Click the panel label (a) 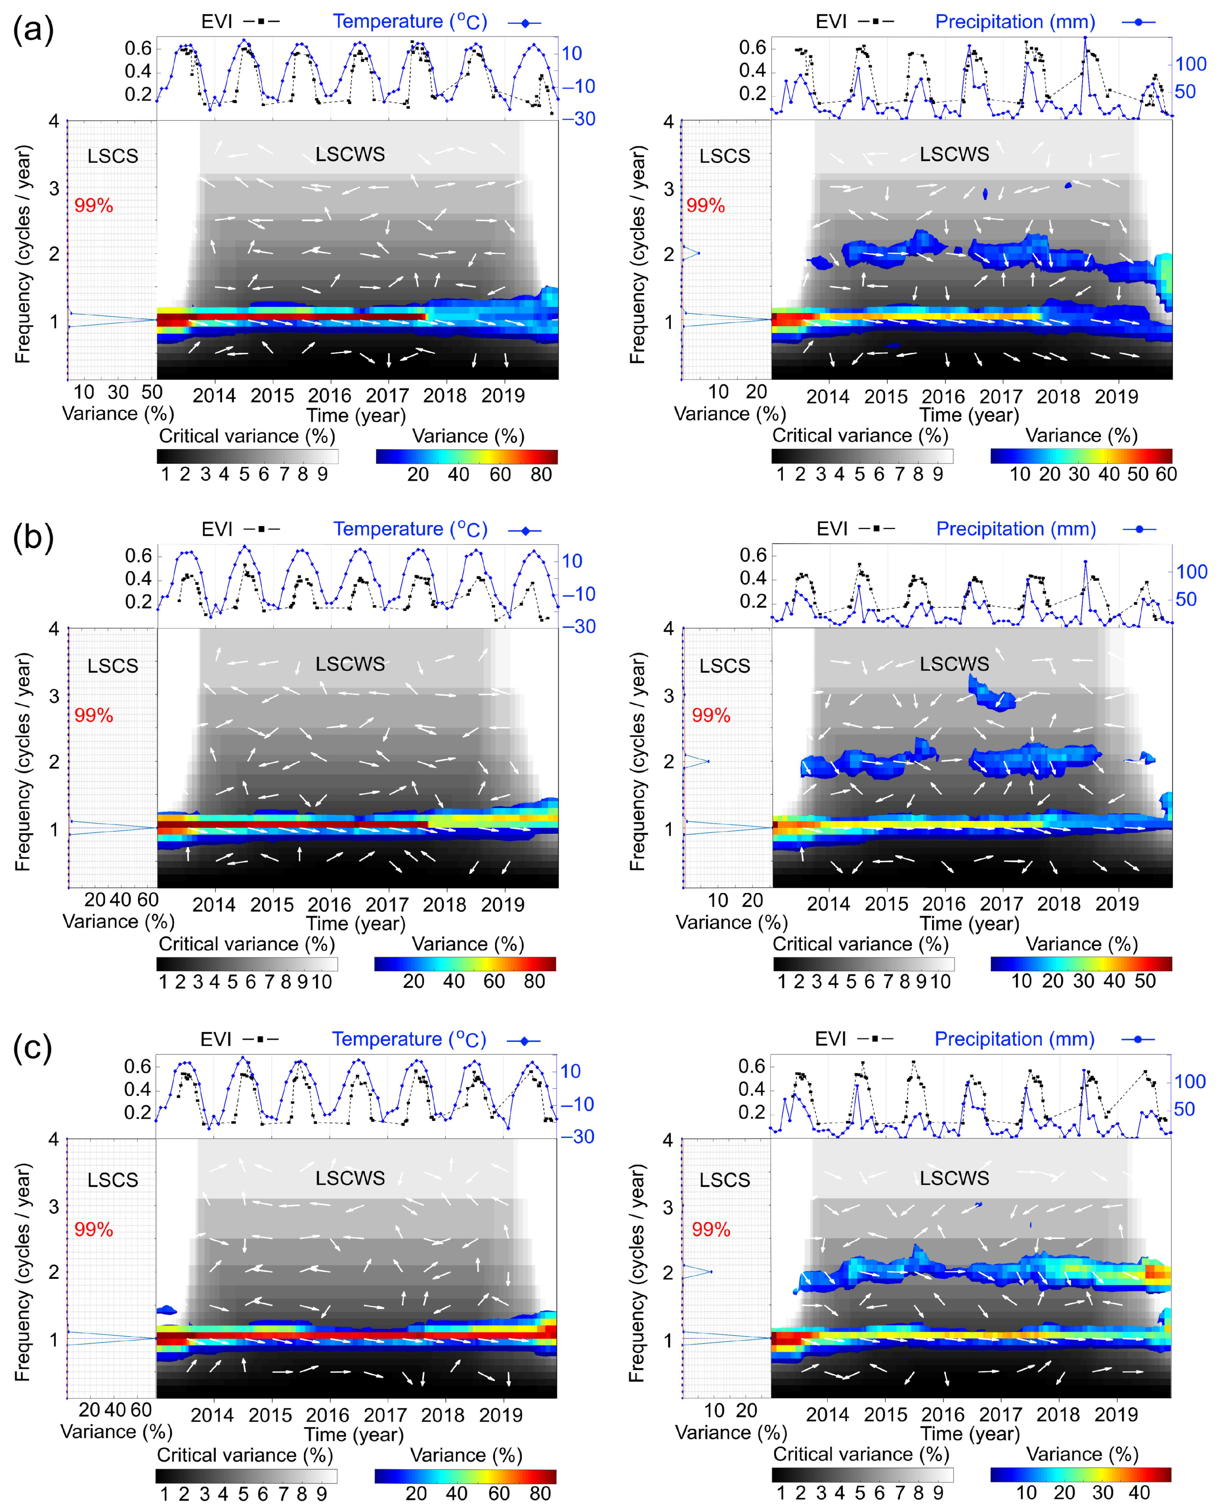[x=33, y=32]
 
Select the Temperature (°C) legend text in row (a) [x=410, y=22]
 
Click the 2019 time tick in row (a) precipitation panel [x=1116, y=396]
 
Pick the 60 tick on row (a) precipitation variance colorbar [x=1166, y=474]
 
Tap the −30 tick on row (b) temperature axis [x=579, y=627]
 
